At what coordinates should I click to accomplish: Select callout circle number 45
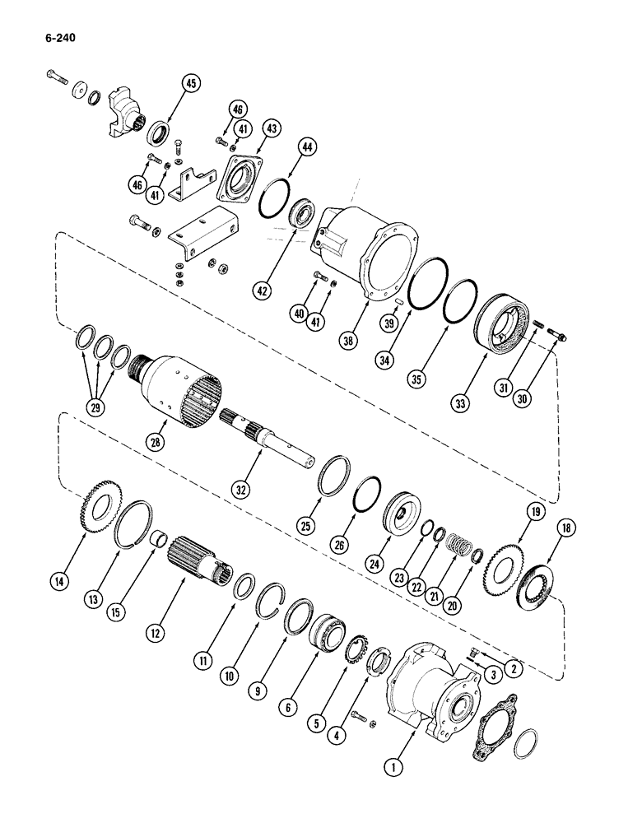point(191,84)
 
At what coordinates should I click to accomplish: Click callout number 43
point(272,128)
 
